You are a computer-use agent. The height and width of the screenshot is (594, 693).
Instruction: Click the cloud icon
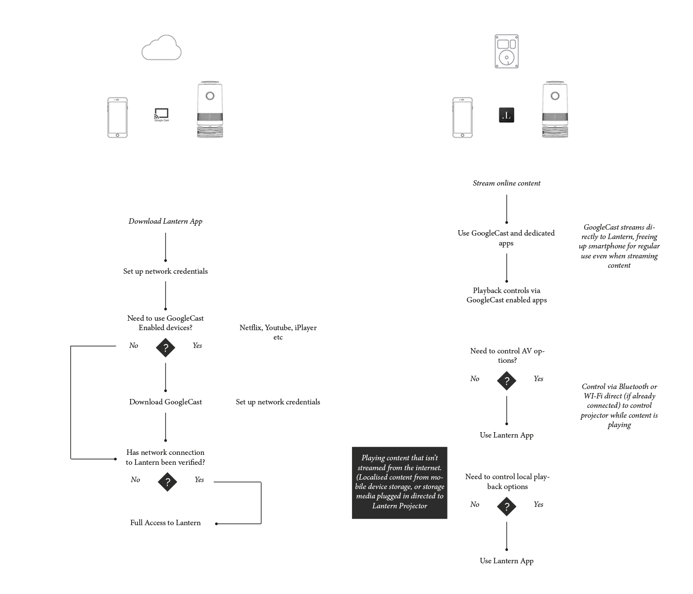tap(161, 48)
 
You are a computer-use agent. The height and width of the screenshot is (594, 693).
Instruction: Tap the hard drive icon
tap(506, 51)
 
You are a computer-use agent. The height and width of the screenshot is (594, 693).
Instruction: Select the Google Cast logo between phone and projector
tap(161, 115)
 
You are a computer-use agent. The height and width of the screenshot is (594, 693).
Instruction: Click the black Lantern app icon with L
tap(506, 115)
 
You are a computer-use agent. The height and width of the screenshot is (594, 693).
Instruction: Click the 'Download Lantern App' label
tap(165, 221)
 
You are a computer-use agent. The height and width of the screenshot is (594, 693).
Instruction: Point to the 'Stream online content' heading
tap(506, 183)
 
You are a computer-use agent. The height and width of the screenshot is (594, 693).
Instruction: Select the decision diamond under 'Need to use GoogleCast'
tap(165, 347)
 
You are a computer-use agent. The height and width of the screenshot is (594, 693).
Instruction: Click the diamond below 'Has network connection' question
tap(167, 482)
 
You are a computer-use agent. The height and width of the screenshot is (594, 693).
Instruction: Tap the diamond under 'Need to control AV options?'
tap(506, 381)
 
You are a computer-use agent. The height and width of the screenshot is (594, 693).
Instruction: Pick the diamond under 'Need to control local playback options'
tap(506, 506)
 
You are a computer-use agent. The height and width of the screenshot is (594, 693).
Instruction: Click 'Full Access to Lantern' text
tap(165, 523)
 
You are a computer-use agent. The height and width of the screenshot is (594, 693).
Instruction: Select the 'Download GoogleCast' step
tap(165, 402)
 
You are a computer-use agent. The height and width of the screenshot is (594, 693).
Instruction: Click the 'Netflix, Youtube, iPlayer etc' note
tap(278, 332)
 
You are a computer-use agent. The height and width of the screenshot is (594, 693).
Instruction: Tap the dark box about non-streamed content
tap(399, 483)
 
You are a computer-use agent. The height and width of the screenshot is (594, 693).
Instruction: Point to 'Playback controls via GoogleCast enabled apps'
tap(506, 295)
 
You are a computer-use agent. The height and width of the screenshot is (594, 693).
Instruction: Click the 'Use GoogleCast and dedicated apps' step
tap(506, 238)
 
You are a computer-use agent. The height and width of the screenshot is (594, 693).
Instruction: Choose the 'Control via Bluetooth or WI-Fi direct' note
tap(619, 405)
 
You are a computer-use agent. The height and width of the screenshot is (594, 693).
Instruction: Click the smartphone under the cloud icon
tap(117, 118)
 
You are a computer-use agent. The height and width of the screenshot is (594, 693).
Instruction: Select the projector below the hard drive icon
tap(555, 110)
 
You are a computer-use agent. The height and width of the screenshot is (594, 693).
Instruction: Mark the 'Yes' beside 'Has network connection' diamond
tap(199, 480)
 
